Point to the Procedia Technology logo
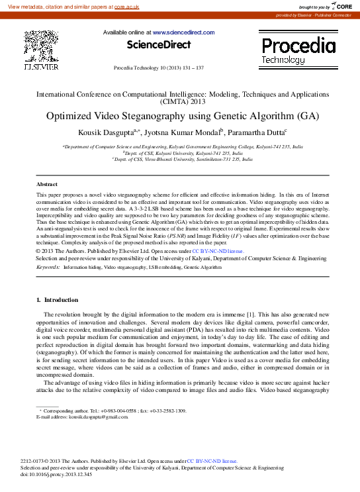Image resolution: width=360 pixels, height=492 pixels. tap(298, 50)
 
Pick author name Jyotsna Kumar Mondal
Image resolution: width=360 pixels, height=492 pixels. tap(183, 132)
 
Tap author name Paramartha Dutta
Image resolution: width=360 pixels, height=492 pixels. tap(255, 132)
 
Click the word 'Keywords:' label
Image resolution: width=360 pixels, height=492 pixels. tap(48, 266)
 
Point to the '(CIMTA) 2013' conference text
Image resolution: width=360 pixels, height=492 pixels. tap(180, 103)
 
